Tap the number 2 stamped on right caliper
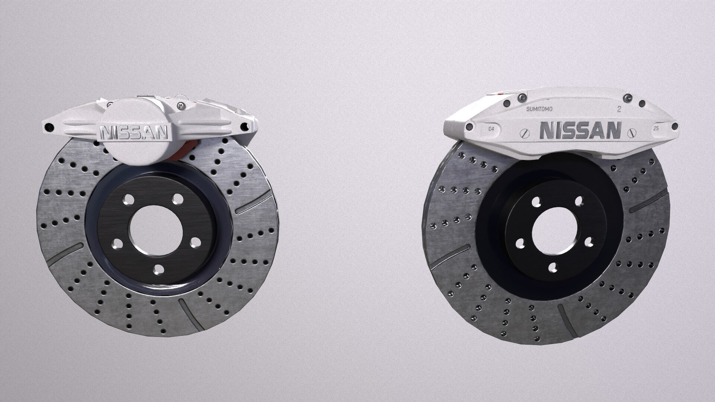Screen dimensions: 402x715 click(x=619, y=109)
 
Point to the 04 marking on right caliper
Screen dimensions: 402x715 click(x=491, y=129)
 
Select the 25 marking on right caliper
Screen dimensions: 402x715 click(x=655, y=128)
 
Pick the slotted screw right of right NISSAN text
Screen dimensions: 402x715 click(x=631, y=132)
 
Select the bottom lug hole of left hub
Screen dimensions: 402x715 click(x=159, y=269)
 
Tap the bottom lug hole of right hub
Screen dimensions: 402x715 click(x=553, y=267)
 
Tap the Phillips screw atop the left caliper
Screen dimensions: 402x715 click(x=181, y=106)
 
